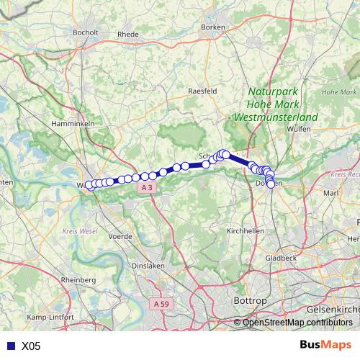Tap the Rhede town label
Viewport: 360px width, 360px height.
pos(127,33)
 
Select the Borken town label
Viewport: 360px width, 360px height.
pos(214,27)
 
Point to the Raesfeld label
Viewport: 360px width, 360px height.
pos(202,91)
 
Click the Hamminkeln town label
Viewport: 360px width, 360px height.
pos(70,124)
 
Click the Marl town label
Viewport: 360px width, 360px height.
pos(331,193)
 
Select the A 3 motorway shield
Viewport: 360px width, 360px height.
pos(147,187)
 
